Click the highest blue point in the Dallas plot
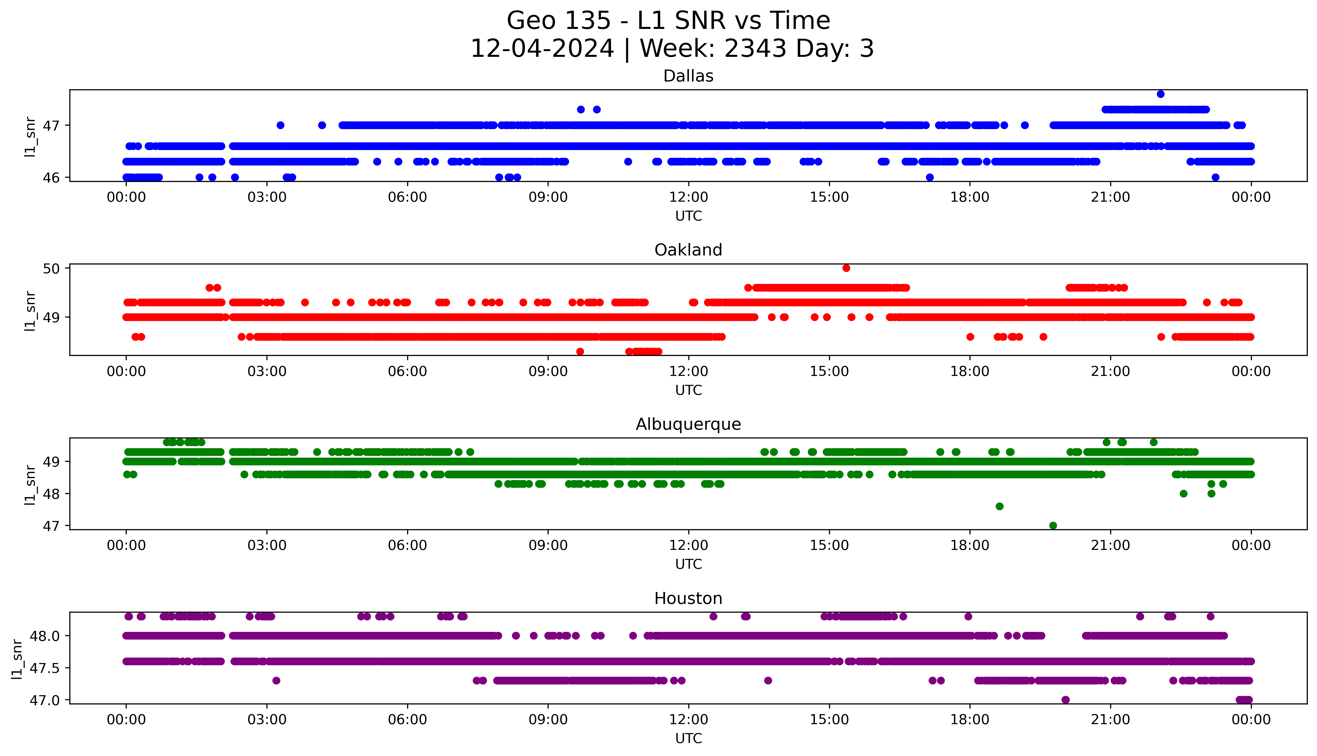click(x=1160, y=94)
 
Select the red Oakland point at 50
click(x=846, y=268)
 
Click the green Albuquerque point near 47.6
click(x=999, y=506)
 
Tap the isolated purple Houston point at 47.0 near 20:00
click(x=1065, y=699)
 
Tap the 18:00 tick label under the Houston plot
click(x=969, y=720)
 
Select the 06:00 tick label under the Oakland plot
click(x=407, y=371)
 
